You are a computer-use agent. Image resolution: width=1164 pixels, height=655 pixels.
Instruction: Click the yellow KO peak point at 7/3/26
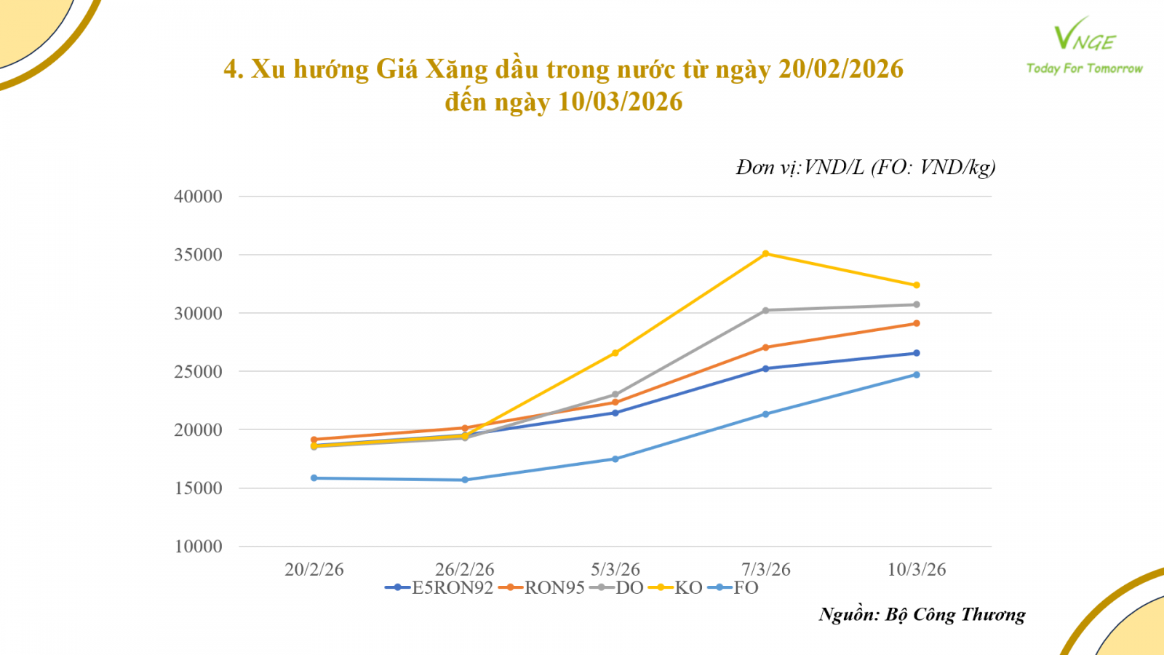click(x=765, y=254)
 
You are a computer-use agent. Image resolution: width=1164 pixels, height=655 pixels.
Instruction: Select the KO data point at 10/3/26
click(x=916, y=285)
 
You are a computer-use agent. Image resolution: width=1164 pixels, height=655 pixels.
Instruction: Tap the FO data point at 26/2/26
click(x=465, y=480)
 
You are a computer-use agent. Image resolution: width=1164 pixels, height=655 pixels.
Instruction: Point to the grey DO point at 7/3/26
click(x=765, y=310)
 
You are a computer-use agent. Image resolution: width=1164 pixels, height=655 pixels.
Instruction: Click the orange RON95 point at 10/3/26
click(x=916, y=323)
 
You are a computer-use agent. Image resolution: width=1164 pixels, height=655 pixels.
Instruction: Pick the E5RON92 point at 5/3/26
click(x=615, y=413)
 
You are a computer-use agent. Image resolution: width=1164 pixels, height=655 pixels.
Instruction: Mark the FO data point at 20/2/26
click(x=314, y=478)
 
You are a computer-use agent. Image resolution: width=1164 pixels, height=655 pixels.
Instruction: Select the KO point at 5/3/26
click(x=615, y=353)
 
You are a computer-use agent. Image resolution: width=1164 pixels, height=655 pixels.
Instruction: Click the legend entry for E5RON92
click(x=440, y=588)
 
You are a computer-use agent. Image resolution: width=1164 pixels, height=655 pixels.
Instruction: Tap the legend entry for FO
click(x=737, y=588)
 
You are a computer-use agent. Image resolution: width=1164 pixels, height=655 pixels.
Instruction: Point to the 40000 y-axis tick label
click(x=198, y=196)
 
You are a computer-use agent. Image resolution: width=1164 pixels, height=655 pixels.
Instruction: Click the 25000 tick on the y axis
click(x=198, y=372)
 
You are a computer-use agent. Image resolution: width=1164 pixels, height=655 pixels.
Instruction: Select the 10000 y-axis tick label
click(x=198, y=547)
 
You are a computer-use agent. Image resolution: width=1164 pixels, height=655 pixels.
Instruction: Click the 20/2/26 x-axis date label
click(x=314, y=569)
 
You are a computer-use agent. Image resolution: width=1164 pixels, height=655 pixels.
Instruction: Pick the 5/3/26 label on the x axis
click(x=615, y=569)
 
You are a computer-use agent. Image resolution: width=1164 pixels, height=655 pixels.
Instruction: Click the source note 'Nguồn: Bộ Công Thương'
click(x=922, y=615)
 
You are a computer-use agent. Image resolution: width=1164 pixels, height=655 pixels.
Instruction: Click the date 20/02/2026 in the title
click(x=840, y=69)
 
